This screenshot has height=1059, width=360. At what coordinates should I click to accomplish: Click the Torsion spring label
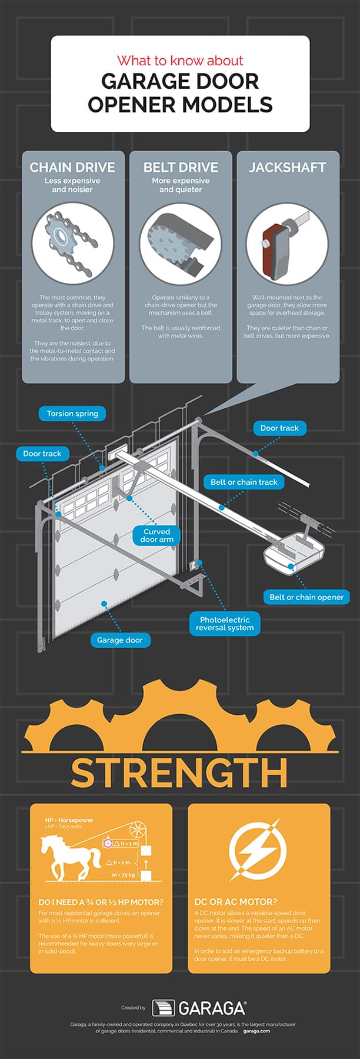coord(73,414)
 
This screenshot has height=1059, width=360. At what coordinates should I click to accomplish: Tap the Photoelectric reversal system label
coord(225,624)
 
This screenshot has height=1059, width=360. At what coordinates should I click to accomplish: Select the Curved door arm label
coord(156,535)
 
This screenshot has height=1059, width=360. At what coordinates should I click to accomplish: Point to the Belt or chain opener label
coord(306,597)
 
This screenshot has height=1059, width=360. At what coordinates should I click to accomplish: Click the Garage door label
coord(120,640)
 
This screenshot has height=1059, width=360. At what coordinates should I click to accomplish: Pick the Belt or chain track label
coord(244,482)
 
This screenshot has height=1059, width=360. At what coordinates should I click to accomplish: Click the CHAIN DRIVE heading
coord(73,167)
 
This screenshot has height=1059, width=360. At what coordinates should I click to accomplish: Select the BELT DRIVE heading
coord(181,167)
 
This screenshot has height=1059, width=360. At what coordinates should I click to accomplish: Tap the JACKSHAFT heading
coord(288,167)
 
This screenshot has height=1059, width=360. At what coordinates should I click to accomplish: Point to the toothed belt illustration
coord(181,241)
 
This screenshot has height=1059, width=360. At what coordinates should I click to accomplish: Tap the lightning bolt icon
coord(258,850)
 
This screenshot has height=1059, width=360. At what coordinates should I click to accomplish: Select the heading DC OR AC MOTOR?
coord(236,901)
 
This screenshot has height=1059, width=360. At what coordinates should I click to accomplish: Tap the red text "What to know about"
coord(180,61)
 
